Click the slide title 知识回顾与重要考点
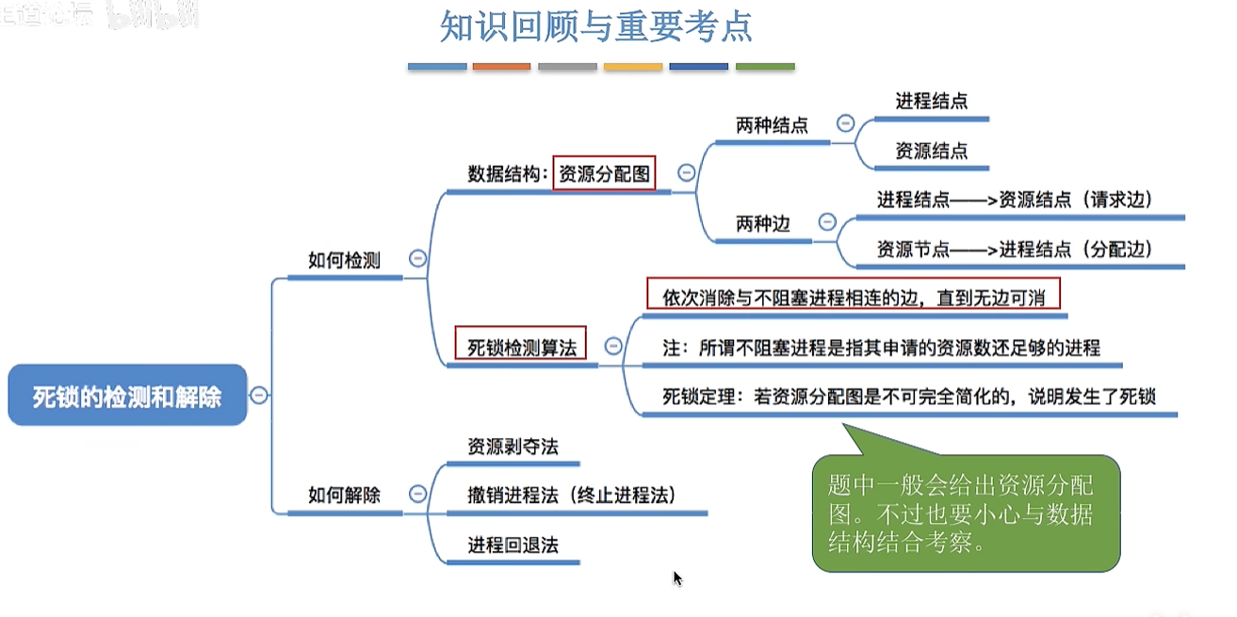coord(596,27)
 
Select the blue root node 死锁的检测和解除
coord(127,396)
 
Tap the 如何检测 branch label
coord(344,260)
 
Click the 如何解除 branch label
coord(344,494)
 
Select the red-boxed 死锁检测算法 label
coord(521,346)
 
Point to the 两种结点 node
coord(772,125)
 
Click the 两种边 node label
coord(762,223)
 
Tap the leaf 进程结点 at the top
coord(931,102)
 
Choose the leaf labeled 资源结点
coord(931,151)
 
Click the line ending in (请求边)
coord(1015,200)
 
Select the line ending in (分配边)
coord(1015,249)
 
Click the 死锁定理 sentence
coord(908,396)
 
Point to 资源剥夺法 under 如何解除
coord(513,446)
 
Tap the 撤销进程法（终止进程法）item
coord(572,495)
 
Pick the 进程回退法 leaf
coord(513,544)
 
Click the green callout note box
coord(966,513)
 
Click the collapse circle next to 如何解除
coord(418,494)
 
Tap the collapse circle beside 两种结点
coord(845,123)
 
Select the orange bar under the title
coord(502,67)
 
